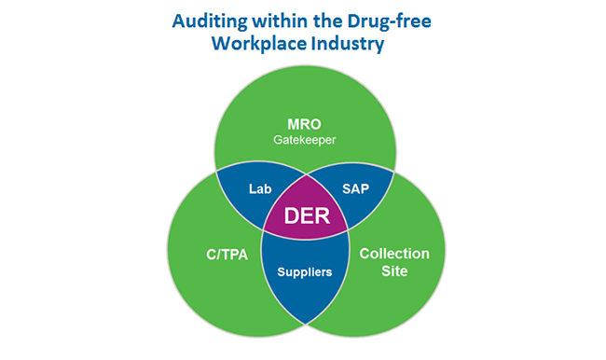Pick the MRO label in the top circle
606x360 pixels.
(303, 122)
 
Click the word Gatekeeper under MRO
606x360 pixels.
(303, 140)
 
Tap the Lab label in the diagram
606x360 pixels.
(260, 187)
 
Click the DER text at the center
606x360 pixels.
(303, 217)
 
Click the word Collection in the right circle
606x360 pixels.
(394, 254)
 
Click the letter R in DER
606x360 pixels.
(321, 217)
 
